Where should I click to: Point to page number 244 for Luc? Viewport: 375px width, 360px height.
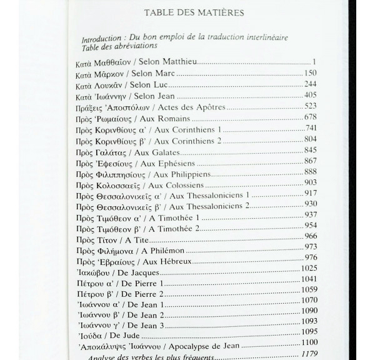pos(310,84)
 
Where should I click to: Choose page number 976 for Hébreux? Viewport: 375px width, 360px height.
pos(311,257)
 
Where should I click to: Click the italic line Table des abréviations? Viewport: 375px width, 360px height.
pos(119,46)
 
